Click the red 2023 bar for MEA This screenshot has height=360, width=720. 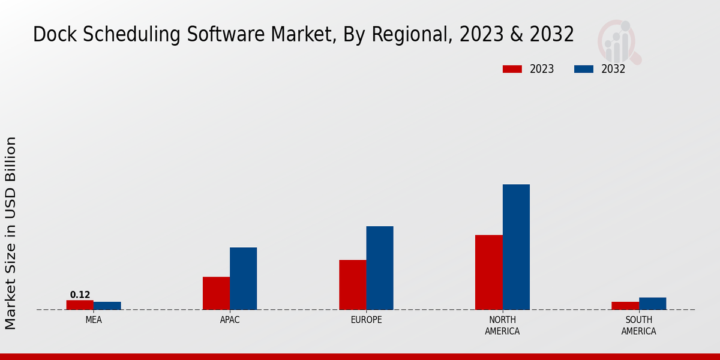click(x=80, y=305)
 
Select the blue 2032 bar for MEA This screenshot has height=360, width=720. click(x=107, y=306)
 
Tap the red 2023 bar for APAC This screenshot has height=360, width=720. click(x=216, y=293)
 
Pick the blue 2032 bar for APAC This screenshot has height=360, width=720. click(x=244, y=278)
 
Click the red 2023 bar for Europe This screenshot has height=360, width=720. click(x=353, y=285)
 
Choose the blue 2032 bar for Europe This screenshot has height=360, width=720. click(x=380, y=268)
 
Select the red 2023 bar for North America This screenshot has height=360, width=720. click(x=489, y=272)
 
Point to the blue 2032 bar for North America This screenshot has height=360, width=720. click(x=516, y=247)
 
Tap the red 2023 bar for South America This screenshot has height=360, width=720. click(x=625, y=306)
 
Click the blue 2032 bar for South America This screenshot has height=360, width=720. click(x=653, y=304)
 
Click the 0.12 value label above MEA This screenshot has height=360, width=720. click(x=80, y=295)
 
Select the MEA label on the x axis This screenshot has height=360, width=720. click(x=94, y=320)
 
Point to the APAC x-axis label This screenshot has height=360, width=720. click(x=230, y=320)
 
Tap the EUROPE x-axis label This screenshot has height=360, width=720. click(x=366, y=320)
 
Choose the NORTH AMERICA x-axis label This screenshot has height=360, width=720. click(x=503, y=326)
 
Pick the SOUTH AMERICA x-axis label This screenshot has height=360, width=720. click(x=639, y=326)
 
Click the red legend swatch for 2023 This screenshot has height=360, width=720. click(x=512, y=69)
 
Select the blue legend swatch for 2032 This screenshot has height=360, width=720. click(x=584, y=69)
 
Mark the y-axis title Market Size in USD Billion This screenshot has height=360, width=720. click(x=11, y=233)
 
